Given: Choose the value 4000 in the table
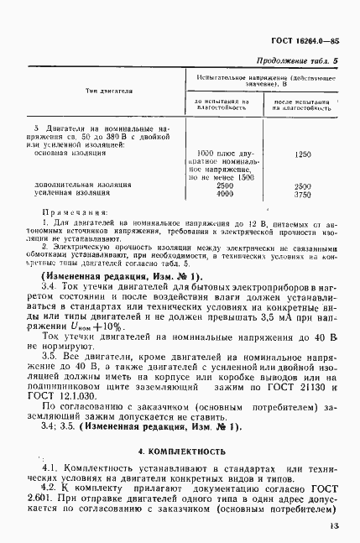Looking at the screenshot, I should point(224,193).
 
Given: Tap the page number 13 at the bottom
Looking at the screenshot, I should point(333,526).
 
